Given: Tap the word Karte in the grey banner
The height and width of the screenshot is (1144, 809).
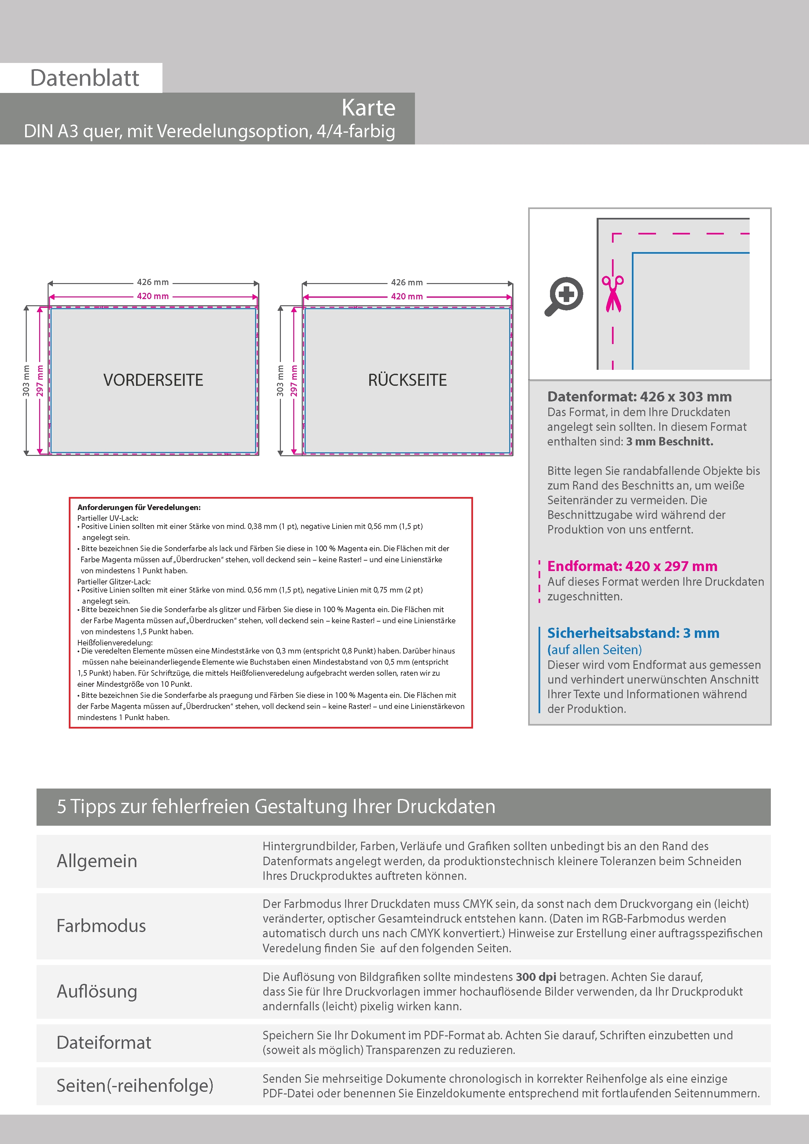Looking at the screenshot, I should click(x=368, y=108).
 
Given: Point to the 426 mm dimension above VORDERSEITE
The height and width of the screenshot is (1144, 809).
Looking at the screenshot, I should click(x=153, y=282).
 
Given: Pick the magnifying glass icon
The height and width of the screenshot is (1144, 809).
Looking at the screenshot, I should click(x=564, y=296).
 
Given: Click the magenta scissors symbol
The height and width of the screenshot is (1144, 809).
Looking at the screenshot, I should click(x=613, y=294).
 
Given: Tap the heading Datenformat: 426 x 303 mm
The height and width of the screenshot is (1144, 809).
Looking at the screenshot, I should click(x=639, y=397).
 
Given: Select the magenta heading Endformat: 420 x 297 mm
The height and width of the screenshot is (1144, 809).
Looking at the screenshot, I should click(x=632, y=566).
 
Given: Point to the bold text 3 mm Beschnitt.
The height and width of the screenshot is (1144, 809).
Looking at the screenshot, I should click(x=669, y=442).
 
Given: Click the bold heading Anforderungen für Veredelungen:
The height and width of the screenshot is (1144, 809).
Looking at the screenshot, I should click(x=139, y=507).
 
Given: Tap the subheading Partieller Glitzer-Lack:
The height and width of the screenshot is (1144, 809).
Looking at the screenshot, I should click(x=114, y=581).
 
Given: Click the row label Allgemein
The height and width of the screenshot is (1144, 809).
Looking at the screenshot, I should click(x=97, y=861).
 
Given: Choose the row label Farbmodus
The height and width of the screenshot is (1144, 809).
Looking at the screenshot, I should click(x=101, y=926).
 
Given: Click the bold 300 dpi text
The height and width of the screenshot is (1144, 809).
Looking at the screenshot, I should click(x=536, y=977).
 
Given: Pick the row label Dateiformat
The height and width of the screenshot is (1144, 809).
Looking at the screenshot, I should click(x=104, y=1042).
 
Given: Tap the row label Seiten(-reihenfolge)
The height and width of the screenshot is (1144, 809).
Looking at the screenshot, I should click(x=135, y=1086).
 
